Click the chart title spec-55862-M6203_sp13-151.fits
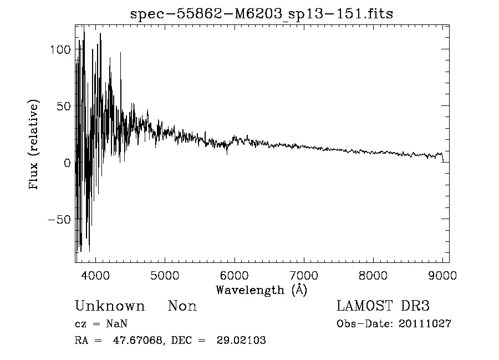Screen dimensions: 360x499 coord(262,14)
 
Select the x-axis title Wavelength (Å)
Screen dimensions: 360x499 coord(261,290)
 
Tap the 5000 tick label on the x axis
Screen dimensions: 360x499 coord(165,276)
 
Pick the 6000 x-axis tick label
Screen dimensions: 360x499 coord(235,276)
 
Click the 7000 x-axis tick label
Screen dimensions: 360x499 coord(304,276)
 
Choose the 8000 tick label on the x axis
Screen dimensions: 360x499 coord(373,276)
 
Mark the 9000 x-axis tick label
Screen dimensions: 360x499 coord(442,276)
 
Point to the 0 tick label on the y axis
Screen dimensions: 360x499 coord(67,163)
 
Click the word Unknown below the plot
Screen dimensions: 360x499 coord(110,306)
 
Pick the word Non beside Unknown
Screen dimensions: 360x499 coord(182,306)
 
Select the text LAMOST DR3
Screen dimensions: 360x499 coord(383,306)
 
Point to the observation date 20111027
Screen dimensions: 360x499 coord(425,324)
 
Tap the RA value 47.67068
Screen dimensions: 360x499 coord(138,341)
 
